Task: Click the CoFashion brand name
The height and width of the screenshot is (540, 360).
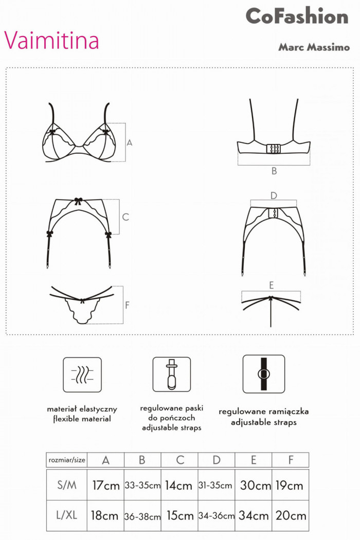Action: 297,16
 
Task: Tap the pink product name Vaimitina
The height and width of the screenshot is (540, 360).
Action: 51,40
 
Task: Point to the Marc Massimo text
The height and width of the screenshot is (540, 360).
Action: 314,47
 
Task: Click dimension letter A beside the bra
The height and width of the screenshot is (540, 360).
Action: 130,142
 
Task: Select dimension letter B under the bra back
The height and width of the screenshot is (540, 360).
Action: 274,171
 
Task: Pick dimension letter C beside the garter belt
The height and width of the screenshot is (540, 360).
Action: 125,217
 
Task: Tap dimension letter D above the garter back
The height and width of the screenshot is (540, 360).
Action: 274,195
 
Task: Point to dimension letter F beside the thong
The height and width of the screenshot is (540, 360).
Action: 127,305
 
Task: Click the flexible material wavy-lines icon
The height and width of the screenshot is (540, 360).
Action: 82,374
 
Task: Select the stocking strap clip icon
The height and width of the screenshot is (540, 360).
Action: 171,374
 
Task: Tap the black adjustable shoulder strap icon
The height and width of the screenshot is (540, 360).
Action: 263,374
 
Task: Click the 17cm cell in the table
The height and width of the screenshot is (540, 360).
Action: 105,485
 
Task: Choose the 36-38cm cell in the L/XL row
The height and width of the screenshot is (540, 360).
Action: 142,516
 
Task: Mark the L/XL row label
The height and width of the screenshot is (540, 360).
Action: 66,515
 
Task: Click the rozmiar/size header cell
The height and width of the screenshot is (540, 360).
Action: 66,460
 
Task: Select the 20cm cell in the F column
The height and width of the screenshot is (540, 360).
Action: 291,515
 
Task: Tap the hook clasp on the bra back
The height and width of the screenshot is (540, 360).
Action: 274,148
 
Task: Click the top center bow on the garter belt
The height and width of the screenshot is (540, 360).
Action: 78,201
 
